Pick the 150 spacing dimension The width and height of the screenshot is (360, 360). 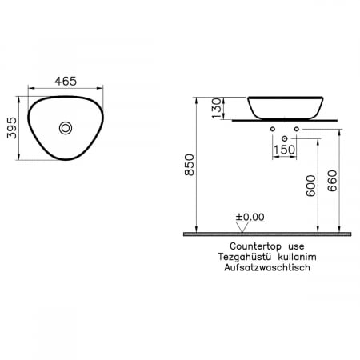coord(284,148)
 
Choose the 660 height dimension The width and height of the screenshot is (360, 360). coord(330,185)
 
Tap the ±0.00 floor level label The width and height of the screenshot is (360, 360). coord(249,217)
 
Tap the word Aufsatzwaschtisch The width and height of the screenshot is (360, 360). coord(266,269)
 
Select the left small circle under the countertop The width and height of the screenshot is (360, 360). coord(274,128)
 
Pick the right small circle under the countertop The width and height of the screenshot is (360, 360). coord(296,128)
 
